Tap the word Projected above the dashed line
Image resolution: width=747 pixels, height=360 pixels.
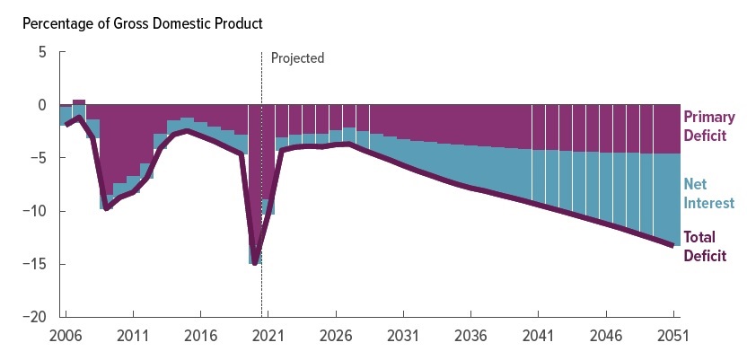[x=297, y=58]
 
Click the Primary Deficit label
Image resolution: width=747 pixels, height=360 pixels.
[x=709, y=127]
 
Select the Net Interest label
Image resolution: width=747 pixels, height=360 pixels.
[x=708, y=194]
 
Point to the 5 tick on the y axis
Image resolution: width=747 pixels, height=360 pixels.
[x=41, y=53]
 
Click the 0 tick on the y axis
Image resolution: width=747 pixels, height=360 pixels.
[x=41, y=106]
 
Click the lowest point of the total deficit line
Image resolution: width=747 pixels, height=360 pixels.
[x=255, y=263]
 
